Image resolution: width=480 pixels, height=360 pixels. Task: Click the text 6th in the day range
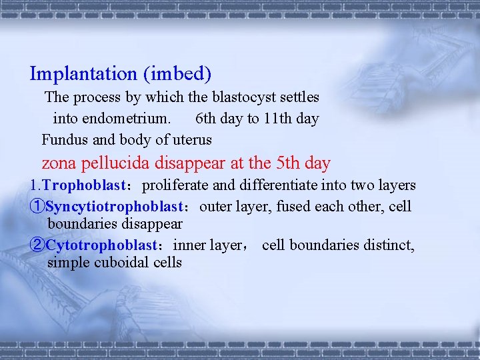click(207, 119)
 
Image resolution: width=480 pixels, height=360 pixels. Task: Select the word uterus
click(191, 140)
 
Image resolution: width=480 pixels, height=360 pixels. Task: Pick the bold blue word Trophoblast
click(78, 185)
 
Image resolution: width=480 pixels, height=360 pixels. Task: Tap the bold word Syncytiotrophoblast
click(114, 207)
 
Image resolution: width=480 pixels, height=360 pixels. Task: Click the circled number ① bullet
click(37, 207)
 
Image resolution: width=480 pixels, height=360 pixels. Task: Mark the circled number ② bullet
click(37, 246)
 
